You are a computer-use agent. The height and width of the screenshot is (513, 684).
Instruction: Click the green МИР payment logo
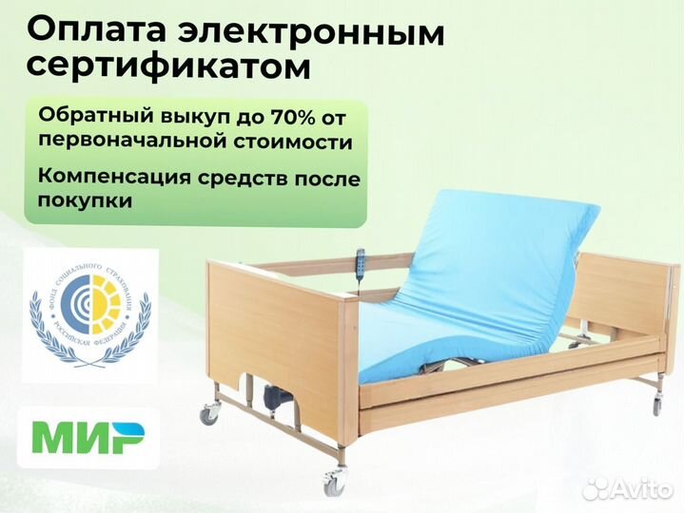[88, 438]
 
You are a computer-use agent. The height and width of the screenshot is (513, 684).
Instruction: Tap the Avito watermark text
[638, 488]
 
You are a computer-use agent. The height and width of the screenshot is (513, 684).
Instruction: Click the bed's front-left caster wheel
[334, 484]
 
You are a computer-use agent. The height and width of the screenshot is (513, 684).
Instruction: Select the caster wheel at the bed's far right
[655, 406]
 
